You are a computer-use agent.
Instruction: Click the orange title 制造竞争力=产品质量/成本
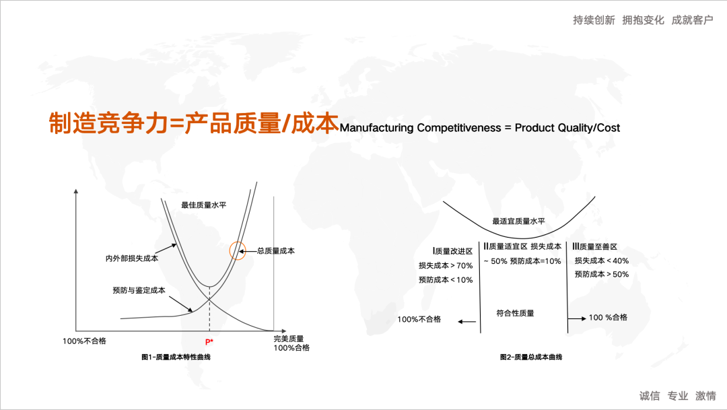click(193, 123)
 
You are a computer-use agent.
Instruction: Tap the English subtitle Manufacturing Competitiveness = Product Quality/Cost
click(480, 127)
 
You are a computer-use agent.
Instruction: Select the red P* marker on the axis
click(209, 342)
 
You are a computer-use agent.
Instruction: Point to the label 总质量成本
click(276, 250)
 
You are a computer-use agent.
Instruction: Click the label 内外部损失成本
click(131, 258)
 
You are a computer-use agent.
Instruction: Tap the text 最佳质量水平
click(204, 205)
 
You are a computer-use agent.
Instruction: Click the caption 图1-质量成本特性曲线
click(176, 357)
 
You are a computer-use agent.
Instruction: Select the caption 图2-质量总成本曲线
click(531, 357)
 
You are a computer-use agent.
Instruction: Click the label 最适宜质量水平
click(519, 221)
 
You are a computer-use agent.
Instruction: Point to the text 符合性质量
click(515, 313)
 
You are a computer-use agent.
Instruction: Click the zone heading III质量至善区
click(595, 247)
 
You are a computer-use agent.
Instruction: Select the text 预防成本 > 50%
click(601, 274)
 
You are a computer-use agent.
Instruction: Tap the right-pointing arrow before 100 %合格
click(575, 318)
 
